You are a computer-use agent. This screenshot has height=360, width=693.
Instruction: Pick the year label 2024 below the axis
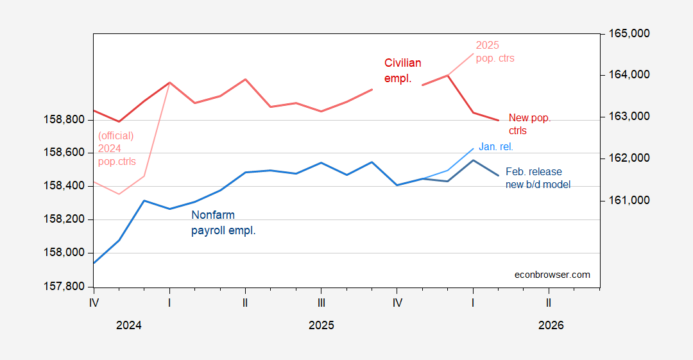click(x=129, y=325)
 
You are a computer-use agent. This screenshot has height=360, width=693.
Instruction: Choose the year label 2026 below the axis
click(x=551, y=325)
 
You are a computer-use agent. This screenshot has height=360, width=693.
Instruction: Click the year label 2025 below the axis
click(x=321, y=325)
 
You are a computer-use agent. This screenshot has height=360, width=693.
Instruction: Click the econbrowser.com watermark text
click(x=552, y=275)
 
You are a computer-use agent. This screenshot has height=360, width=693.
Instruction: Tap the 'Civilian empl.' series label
click(x=403, y=71)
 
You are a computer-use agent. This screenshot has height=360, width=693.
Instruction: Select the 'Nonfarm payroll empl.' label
click(x=223, y=223)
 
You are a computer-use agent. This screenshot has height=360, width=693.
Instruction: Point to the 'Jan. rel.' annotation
click(x=496, y=147)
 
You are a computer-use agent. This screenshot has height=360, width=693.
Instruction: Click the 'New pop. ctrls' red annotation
click(x=529, y=124)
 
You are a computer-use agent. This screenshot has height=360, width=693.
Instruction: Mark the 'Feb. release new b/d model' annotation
click(x=538, y=178)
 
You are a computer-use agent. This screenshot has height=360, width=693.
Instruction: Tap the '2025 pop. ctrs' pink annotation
click(x=495, y=51)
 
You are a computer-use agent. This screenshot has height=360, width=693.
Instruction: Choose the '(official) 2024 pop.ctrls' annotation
click(x=117, y=148)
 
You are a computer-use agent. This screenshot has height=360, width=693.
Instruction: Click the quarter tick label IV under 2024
click(x=94, y=302)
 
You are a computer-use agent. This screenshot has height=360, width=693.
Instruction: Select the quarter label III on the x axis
click(x=321, y=302)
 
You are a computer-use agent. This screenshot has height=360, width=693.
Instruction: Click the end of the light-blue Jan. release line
click(x=474, y=148)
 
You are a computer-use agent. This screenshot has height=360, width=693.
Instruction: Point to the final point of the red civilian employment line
click(x=499, y=120)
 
